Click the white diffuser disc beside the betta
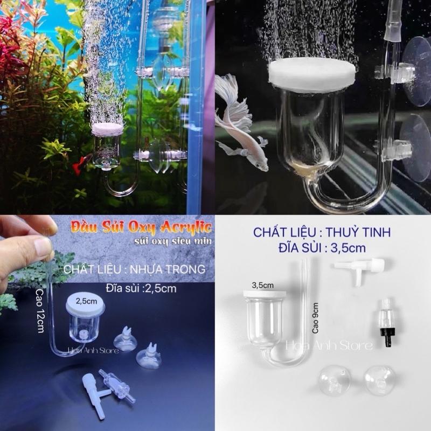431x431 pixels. [312, 73]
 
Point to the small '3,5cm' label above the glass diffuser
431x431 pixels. [261, 283]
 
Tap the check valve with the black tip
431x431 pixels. [386, 322]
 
